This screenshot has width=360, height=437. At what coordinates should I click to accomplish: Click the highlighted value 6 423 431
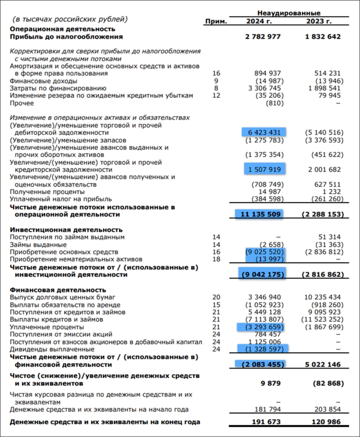[263, 133]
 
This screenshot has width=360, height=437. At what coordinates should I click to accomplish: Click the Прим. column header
[216, 21]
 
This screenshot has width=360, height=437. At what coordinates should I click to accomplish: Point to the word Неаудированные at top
[289, 13]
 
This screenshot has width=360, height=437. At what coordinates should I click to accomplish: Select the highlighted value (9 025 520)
[263, 252]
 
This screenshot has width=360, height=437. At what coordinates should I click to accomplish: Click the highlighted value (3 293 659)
[263, 327]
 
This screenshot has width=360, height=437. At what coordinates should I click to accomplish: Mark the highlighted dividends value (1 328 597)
[263, 349]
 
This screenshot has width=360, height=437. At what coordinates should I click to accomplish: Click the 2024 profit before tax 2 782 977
[263, 37]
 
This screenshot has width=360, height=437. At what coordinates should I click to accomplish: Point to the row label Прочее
[21, 103]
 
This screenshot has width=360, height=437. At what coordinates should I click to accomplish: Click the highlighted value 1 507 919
[263, 169]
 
